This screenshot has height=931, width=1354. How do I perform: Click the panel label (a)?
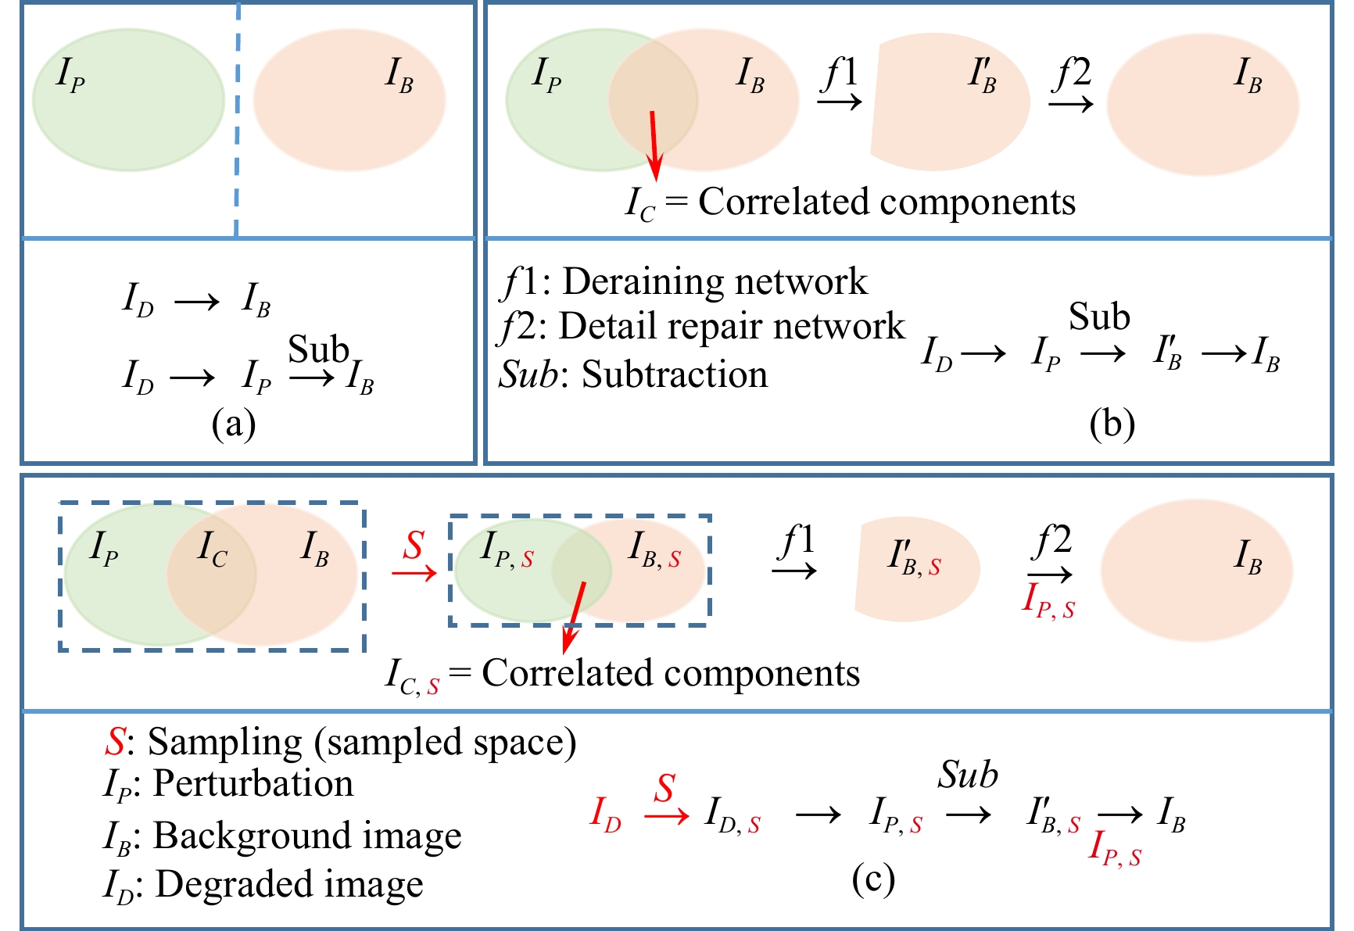[x=234, y=424]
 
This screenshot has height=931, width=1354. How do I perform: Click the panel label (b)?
[x=1112, y=424]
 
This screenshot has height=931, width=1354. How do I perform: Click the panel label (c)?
[x=872, y=879]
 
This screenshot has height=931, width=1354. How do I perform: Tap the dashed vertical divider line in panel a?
[x=237, y=117]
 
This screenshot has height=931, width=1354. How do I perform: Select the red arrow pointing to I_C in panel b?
[x=654, y=145]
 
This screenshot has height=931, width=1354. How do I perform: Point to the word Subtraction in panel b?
[x=675, y=374]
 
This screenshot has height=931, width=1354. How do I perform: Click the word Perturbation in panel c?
[x=253, y=783]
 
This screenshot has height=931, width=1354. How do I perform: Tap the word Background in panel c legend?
[x=234, y=835]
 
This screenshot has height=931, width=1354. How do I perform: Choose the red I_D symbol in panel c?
[x=606, y=815]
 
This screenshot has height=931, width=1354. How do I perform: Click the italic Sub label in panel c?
[x=968, y=775]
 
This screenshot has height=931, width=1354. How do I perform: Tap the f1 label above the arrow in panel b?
[x=841, y=73]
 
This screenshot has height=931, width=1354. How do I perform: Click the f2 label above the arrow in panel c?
[x=1051, y=541]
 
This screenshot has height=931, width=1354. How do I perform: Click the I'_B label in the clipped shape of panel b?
[x=983, y=76]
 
